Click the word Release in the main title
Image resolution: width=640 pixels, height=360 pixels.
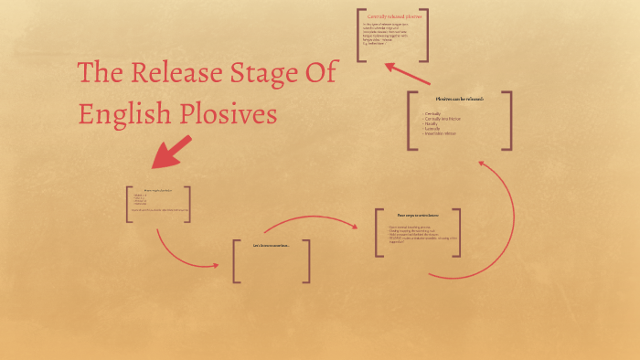point(174,74)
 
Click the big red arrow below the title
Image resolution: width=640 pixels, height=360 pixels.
point(171,152)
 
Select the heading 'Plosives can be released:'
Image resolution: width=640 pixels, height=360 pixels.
point(459,99)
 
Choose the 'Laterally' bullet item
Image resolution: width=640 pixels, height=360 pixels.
point(434,129)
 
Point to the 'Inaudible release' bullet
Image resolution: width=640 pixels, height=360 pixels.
point(441,133)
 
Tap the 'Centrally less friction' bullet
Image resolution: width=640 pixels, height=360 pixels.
point(443,119)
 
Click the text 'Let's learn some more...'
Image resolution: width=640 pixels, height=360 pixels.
point(271,245)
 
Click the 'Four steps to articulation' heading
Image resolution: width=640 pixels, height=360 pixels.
point(418,216)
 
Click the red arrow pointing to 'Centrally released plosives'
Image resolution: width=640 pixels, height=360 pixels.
point(407,73)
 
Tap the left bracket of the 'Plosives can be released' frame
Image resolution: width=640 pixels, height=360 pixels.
point(411,121)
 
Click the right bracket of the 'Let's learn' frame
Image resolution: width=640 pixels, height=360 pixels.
point(307,261)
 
